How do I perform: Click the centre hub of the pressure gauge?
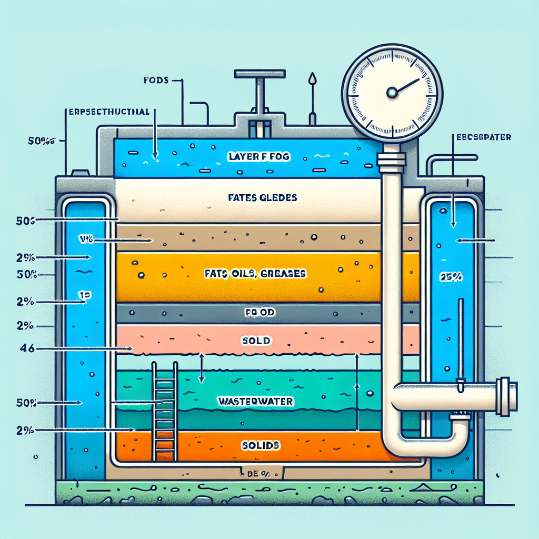(x=392, y=93)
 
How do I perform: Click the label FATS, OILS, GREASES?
(x=255, y=274)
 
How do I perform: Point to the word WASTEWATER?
(x=255, y=401)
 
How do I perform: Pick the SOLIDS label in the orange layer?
(x=260, y=445)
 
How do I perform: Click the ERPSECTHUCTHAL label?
(x=109, y=112)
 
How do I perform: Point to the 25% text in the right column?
(x=447, y=277)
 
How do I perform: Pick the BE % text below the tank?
(x=258, y=474)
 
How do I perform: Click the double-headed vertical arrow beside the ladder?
(x=201, y=367)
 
